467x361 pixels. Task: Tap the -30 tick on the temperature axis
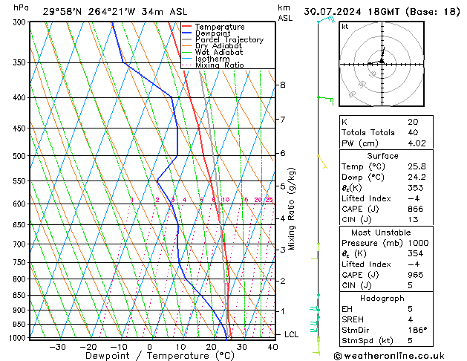click(57, 346)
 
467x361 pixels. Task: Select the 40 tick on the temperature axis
click(272, 346)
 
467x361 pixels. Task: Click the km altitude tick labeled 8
click(282, 85)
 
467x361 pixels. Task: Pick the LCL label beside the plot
click(293, 334)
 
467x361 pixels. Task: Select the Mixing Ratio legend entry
click(220, 65)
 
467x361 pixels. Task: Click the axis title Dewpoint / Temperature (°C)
click(149, 356)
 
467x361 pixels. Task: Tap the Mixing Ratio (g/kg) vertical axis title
click(293, 209)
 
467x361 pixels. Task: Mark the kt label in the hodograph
click(344, 26)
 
